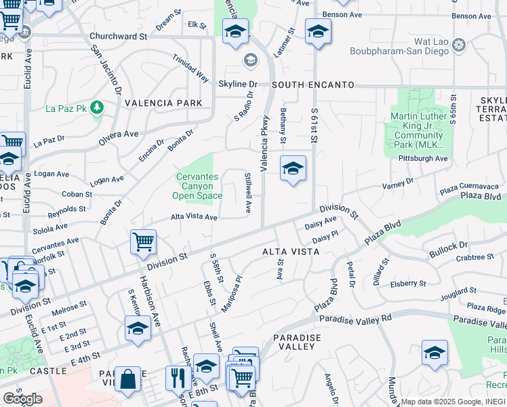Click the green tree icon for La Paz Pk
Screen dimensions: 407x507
[98, 107]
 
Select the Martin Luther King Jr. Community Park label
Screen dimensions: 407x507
[418, 130]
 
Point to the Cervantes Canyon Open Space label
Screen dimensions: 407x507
[197, 187]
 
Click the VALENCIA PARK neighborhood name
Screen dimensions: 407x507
[163, 103]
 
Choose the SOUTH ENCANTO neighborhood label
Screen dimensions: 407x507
[313, 85]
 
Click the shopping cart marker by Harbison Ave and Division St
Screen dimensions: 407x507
[144, 241]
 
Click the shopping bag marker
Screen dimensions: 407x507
[127, 378]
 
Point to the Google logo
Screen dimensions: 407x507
[22, 398]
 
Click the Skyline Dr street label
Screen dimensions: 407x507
[238, 84]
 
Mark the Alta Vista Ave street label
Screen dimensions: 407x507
[194, 217]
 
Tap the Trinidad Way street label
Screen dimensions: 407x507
[190, 68]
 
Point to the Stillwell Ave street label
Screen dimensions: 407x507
[248, 193]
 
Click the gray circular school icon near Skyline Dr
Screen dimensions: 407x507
[250, 61]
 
